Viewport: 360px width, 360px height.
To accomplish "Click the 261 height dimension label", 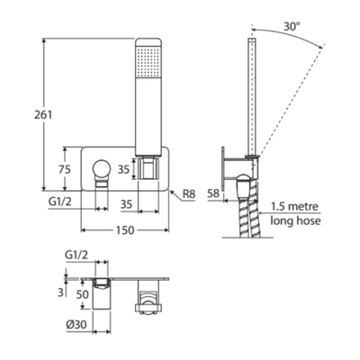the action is point(43,114).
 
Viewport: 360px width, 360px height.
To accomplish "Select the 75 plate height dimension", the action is point(65,169).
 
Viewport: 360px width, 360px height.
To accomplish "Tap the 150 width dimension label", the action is point(125,230).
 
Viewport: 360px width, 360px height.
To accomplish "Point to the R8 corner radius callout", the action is point(189,194).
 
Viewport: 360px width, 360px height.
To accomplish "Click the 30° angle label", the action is point(292,26).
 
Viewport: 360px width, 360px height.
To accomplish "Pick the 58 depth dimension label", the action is point(213,193).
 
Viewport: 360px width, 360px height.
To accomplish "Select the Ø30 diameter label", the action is point(76,324).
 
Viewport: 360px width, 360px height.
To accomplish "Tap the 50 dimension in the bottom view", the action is point(82,294).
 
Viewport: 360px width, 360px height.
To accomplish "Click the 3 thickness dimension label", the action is point(61,292).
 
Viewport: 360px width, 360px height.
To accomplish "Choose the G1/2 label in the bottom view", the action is point(76,256).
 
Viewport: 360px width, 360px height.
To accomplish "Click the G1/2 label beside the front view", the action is point(60,202).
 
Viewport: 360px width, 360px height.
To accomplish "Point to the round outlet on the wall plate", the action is point(102,168).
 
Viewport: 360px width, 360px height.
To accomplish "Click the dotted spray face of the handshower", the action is point(148,61).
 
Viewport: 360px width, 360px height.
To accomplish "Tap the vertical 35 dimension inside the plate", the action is point(123,169).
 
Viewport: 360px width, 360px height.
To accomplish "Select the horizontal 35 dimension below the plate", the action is point(126,204).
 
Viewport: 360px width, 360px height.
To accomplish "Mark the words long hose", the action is point(295,220).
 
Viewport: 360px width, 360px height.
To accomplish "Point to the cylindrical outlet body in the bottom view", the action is point(102,294).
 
